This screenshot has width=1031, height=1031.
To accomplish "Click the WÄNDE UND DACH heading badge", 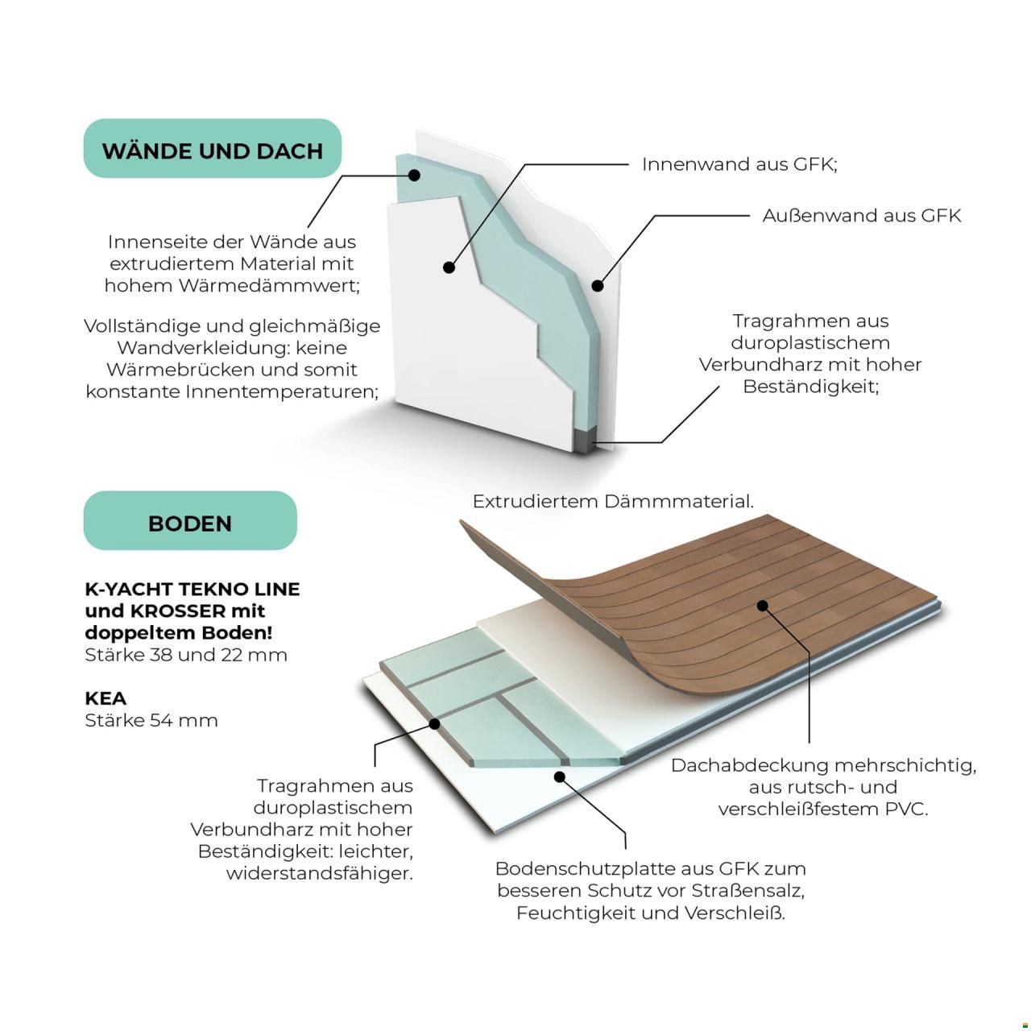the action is click(x=213, y=148).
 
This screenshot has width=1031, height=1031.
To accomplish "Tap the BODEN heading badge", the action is click(x=190, y=520).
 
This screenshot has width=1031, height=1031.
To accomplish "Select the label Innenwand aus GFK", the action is click(x=739, y=164).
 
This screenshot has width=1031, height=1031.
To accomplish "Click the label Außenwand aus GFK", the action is click(x=861, y=216).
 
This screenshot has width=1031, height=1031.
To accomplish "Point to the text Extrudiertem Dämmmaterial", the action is click(x=613, y=501).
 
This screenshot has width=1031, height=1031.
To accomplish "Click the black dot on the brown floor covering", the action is click(x=763, y=606).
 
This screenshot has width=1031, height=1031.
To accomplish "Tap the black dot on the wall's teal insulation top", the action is click(x=413, y=175).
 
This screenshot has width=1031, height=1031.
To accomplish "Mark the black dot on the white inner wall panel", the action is click(x=449, y=267).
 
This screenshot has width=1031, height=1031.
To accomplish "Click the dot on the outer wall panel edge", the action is click(x=598, y=286).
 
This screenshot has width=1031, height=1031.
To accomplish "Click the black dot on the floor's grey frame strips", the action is click(x=435, y=724).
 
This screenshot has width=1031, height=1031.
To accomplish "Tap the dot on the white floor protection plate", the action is click(x=560, y=776).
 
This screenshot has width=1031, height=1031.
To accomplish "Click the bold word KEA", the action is click(x=106, y=698).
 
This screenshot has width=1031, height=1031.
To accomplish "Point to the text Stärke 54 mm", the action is click(x=151, y=720).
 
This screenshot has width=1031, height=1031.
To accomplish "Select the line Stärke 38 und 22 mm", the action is click(x=185, y=654).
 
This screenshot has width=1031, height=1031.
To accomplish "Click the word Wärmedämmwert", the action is click(x=269, y=286).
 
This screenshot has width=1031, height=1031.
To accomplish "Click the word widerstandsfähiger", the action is click(x=320, y=874).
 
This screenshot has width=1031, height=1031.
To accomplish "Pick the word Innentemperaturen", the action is click(x=282, y=391).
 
